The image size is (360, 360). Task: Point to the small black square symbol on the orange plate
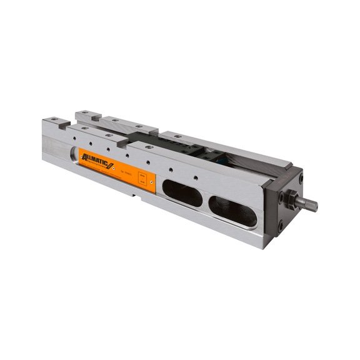(x=142, y=179)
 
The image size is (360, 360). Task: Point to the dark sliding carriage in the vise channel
(x=187, y=150)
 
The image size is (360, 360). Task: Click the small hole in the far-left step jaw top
(x=55, y=119)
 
